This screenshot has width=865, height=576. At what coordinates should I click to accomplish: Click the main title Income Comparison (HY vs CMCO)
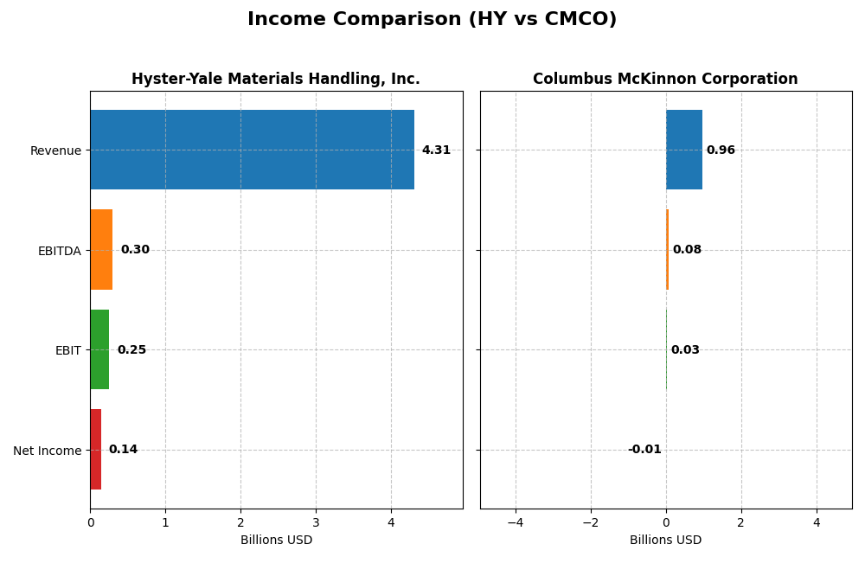[432, 19]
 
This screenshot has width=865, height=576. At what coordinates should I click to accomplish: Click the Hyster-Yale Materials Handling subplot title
[275, 79]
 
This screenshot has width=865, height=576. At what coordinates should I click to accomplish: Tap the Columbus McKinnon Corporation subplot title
[665, 79]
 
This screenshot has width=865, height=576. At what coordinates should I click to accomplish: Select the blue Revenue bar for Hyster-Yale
[252, 150]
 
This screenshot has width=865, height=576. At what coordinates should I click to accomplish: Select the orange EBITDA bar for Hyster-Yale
[101, 250]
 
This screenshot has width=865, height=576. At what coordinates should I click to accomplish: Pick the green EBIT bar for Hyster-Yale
[99, 349]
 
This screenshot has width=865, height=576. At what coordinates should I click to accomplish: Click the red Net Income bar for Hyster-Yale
[95, 450]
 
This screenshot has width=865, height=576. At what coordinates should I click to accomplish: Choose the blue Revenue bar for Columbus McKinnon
[684, 150]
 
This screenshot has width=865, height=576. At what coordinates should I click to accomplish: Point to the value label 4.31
[436, 150]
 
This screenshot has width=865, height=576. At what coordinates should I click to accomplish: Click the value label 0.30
[135, 250]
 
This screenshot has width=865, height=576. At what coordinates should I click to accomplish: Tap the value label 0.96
[721, 150]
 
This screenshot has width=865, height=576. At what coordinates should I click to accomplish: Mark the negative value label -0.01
[644, 450]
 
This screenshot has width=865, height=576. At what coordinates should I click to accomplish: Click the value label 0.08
[687, 250]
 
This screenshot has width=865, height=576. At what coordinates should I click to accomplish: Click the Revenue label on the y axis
[55, 150]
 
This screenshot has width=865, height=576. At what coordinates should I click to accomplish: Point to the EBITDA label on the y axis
[59, 251]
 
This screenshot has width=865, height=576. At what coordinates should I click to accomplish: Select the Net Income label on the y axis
[47, 451]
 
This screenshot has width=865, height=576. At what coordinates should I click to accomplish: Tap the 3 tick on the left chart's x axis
[316, 522]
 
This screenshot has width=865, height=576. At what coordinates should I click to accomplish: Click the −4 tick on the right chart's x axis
[516, 522]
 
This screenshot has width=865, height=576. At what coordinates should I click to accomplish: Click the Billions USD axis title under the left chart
[276, 540]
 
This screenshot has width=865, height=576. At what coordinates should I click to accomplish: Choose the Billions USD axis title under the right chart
[665, 540]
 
